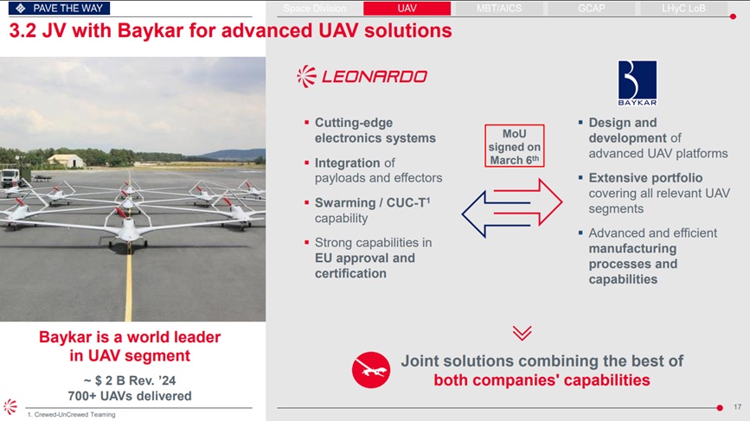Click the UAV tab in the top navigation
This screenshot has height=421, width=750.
click(407, 8)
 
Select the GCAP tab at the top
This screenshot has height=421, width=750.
click(591, 8)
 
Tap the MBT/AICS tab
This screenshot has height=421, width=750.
click(499, 8)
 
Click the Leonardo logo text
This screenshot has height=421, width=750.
click(375, 76)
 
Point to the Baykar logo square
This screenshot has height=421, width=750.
click(638, 83)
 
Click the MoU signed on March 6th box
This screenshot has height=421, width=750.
click(514, 146)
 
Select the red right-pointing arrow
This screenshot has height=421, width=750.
click(528, 201)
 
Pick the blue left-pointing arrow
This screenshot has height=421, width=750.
click(496, 214)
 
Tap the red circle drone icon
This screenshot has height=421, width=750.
click(371, 370)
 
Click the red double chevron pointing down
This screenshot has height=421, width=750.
click(522, 333)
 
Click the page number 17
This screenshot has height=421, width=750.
click(738, 407)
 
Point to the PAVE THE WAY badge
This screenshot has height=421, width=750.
click(59, 8)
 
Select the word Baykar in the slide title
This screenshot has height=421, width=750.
click(151, 31)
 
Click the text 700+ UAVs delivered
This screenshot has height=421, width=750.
click(130, 396)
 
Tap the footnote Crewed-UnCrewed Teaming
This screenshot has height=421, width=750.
click(71, 414)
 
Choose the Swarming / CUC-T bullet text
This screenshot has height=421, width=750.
click(372, 210)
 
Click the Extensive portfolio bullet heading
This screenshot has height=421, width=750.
click(645, 178)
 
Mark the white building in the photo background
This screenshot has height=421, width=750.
click(67, 161)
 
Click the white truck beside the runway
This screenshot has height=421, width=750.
click(10, 178)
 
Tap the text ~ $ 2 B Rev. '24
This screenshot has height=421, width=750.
click(130, 380)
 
